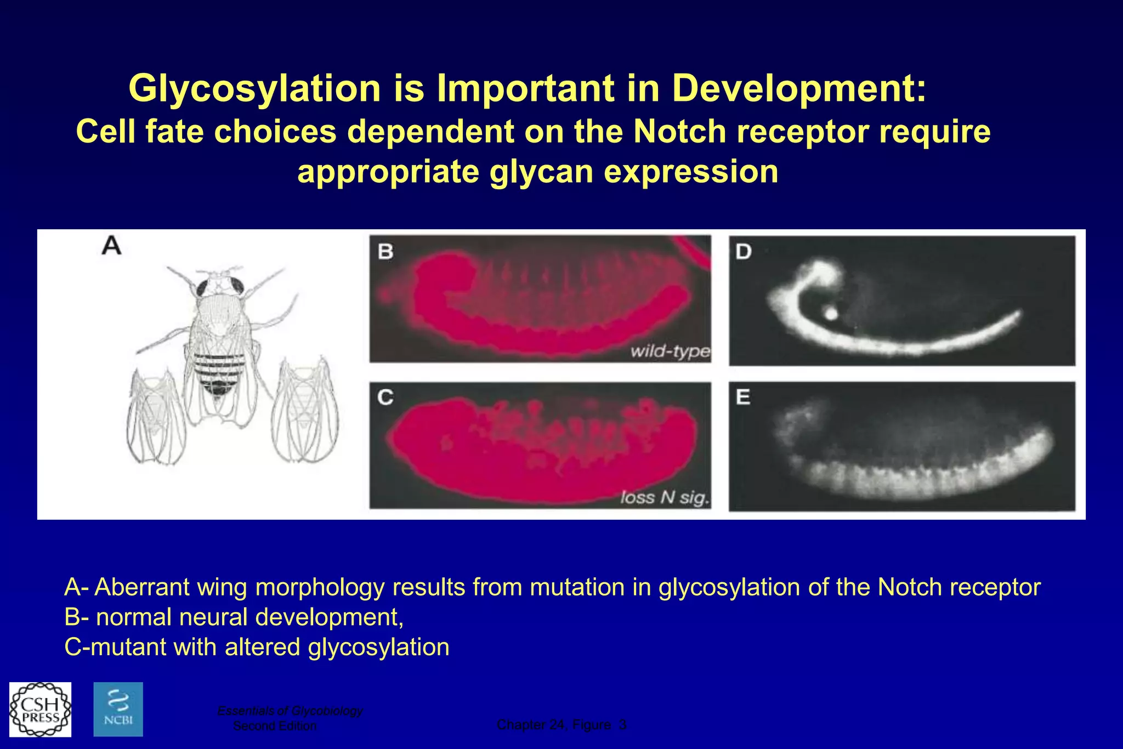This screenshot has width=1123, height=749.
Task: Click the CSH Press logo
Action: pos(40,709)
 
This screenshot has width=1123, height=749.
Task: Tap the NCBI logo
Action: pos(118,709)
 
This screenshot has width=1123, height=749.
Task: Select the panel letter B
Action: pos(385,251)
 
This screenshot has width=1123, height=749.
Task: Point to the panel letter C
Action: pos(385,396)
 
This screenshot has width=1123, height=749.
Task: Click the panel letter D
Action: pos(744,251)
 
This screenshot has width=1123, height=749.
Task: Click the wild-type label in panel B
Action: pos(670,350)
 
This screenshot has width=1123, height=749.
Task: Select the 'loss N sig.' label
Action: pos(665,497)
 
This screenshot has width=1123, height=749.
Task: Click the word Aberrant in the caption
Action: pos(142,587)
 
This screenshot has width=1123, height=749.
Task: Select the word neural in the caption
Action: pos(213,617)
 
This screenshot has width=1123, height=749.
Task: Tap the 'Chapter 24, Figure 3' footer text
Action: pos(561,725)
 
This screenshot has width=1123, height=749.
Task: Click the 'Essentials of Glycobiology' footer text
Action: pos(290,711)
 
